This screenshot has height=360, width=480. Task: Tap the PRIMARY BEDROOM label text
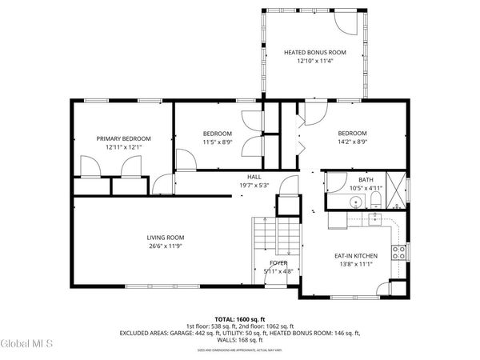(124, 138)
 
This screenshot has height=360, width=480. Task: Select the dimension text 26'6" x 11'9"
(166, 246)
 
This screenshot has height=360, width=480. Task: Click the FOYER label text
(279, 262)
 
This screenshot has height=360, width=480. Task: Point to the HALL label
(254, 177)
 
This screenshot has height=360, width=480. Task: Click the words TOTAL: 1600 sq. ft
(240, 318)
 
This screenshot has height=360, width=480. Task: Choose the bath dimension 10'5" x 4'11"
(366, 188)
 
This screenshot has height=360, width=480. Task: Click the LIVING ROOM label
(166, 237)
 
